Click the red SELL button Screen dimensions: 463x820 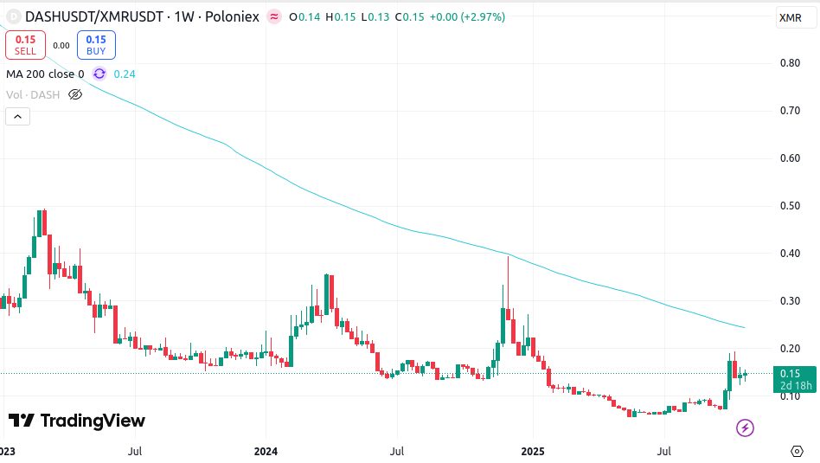pos(25,45)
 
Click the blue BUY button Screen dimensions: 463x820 pos(95,45)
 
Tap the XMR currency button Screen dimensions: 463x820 pos(790,17)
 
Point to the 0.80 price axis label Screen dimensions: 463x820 pos(790,63)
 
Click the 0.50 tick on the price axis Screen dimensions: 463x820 pos(790,206)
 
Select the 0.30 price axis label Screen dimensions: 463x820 pos(790,301)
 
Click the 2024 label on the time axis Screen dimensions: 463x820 pos(266,451)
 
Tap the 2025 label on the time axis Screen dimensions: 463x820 pos(534,451)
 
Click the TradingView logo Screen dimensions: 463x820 pos(77,421)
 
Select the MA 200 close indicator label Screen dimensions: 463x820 pos(45,74)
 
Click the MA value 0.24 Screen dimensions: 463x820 pos(125,74)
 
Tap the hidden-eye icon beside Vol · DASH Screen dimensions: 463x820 pos(75,94)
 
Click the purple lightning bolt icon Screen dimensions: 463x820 pos(745,428)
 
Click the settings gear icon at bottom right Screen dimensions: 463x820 pos(797,451)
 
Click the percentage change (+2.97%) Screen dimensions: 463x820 pos(481,16)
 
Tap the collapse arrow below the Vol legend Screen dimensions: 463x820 pos(16,116)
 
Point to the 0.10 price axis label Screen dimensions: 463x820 pos(790,396)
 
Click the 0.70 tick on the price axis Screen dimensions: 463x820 pos(790,111)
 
